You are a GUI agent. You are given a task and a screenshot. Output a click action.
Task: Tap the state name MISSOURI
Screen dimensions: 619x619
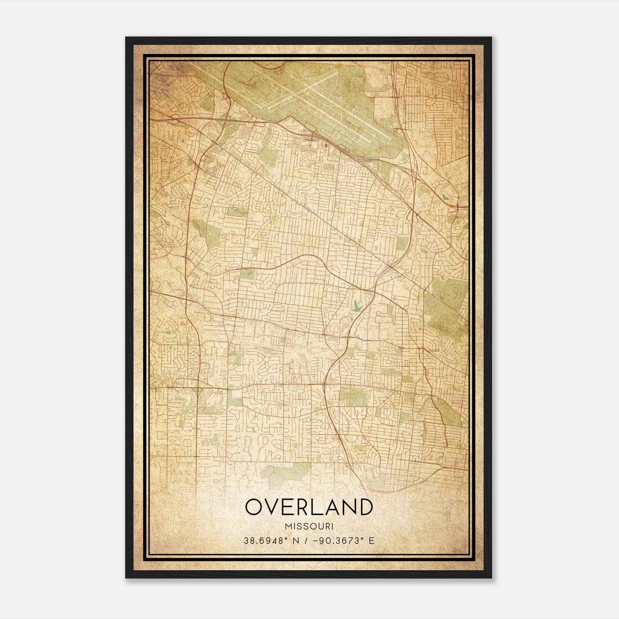309,526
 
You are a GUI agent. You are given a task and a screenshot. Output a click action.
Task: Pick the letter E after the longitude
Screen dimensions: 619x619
371,540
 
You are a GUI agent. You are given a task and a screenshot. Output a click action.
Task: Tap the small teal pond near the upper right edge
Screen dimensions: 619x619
446,196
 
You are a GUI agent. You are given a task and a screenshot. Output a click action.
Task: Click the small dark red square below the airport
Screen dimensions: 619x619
326,146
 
